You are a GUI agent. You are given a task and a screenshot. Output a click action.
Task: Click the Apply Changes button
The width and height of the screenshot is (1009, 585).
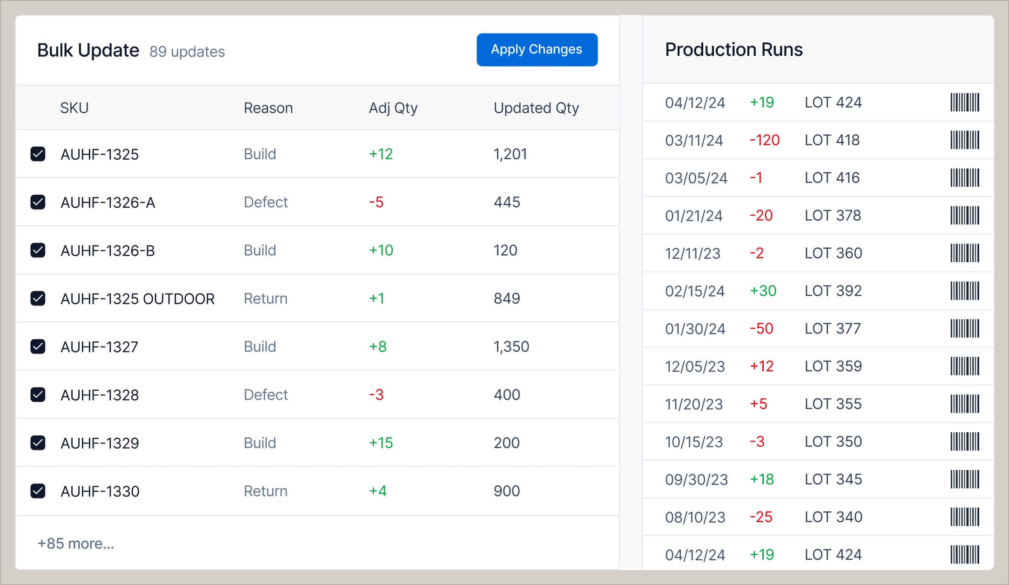tap(537, 50)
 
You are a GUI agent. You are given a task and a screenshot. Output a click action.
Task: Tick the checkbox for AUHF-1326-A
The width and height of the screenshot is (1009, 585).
tap(38, 202)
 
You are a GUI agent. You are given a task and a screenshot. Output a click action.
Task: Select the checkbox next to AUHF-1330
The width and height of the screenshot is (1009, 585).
tap(38, 491)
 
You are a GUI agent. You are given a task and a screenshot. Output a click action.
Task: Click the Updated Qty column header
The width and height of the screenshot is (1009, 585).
tap(536, 108)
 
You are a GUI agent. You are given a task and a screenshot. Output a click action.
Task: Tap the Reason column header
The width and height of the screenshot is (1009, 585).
tap(268, 108)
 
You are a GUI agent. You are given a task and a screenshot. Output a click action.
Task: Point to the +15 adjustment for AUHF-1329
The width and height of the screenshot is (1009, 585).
tap(381, 443)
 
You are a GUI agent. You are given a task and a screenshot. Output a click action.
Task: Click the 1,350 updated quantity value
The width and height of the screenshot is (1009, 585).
tap(511, 347)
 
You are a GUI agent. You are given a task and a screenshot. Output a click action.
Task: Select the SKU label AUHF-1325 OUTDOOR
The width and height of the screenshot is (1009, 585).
tap(137, 299)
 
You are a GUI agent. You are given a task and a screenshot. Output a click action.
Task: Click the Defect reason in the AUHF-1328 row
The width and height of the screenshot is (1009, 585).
tap(265, 395)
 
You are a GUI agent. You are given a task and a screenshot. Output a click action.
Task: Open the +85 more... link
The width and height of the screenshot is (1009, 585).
tap(76, 544)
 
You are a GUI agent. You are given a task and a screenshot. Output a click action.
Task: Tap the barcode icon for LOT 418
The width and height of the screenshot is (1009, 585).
tap(964, 140)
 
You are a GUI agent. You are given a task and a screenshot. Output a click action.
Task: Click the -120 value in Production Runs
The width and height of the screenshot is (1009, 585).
tap(764, 140)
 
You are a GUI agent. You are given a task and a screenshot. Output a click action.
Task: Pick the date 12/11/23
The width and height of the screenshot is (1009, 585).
tap(693, 253)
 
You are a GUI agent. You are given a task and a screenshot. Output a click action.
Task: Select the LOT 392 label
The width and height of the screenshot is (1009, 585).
tap(833, 291)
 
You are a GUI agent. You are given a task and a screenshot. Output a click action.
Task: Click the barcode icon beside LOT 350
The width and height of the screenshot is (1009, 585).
tap(964, 442)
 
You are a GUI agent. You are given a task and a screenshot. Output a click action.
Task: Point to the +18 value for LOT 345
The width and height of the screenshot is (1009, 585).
tap(762, 479)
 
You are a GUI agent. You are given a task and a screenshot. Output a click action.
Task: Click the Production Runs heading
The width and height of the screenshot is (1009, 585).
tap(733, 50)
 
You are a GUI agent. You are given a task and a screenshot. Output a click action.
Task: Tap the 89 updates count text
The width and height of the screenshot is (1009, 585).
tap(187, 52)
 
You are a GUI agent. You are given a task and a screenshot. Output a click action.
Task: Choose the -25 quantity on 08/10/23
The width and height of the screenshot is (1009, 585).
tap(761, 517)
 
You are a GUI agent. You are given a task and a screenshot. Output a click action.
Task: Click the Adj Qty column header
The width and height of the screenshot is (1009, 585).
tap(393, 108)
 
